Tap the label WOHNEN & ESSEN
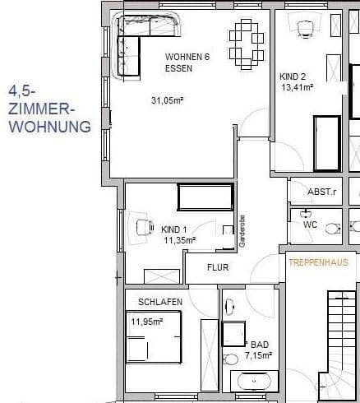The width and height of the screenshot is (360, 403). point(190,63)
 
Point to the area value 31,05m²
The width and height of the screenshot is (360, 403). point(168,100)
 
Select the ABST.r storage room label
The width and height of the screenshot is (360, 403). point(321,192)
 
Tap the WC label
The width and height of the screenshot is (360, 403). point(311,224)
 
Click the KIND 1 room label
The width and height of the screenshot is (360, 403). point(174,229)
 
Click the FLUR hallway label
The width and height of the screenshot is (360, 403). point(218,267)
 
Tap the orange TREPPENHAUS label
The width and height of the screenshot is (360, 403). point(318,263)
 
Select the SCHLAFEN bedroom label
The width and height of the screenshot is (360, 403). point(160,303)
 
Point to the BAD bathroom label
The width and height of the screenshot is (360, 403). point(260,345)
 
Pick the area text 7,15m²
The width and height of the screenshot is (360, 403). point(259,355)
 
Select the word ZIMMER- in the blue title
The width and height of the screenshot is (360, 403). point(42,109)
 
